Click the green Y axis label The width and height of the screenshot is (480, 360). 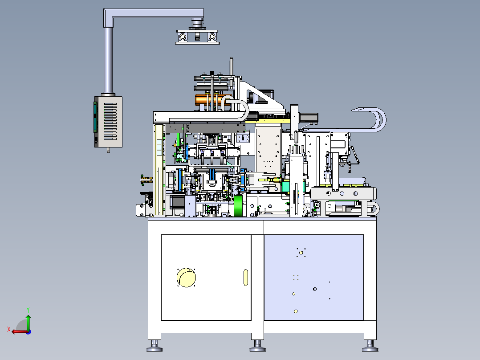point(28,310)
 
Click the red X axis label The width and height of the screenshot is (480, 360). point(9,329)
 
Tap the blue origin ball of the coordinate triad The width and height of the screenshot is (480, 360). point(28,332)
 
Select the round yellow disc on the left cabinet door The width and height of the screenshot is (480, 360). point(186,278)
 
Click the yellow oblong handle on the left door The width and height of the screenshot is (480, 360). point(245,278)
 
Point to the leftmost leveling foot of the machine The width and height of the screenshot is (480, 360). point(155,346)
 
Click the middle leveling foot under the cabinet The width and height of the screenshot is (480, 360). point(257,346)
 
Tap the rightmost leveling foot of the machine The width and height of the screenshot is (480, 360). point(370,346)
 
